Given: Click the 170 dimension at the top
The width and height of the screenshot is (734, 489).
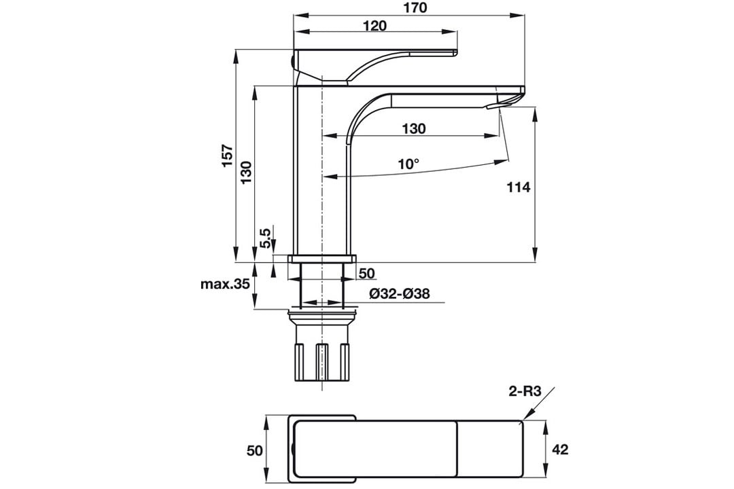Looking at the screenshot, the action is (x=415, y=8).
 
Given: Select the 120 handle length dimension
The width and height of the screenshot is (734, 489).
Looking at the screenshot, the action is (x=375, y=25).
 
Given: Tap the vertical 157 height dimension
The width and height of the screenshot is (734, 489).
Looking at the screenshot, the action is (x=228, y=156).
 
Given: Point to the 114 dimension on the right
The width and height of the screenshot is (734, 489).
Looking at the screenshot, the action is (x=519, y=187).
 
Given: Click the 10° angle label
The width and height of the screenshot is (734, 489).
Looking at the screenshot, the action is (x=408, y=164).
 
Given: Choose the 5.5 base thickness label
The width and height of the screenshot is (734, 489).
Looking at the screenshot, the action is (x=266, y=238).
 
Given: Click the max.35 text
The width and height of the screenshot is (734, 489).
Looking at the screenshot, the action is (x=225, y=284).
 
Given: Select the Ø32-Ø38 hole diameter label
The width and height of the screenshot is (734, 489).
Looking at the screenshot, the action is (x=400, y=294).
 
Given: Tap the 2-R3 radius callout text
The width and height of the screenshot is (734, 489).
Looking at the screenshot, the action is (x=525, y=391).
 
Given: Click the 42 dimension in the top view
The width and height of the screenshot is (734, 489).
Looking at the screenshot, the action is (x=560, y=450).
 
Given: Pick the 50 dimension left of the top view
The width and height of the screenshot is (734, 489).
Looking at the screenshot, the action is (x=255, y=450).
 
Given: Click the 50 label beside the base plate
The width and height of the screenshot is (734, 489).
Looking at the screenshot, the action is (x=367, y=273).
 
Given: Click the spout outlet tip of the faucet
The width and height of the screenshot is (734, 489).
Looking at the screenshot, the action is (x=489, y=107).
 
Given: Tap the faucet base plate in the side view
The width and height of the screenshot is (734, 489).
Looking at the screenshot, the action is (x=322, y=259).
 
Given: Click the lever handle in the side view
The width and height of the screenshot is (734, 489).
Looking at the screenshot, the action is (x=374, y=65).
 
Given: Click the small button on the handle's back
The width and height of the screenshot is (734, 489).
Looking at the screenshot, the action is (x=292, y=61).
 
